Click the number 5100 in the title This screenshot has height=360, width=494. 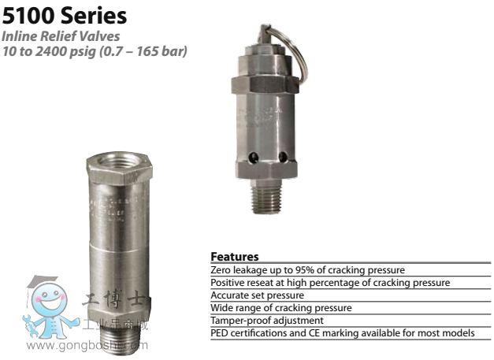(x=29, y=16)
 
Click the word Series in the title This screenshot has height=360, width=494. (x=94, y=16)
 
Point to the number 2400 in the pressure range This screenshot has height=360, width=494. (x=50, y=51)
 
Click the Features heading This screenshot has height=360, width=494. (x=235, y=256)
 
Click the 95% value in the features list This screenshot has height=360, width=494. (x=305, y=270)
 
